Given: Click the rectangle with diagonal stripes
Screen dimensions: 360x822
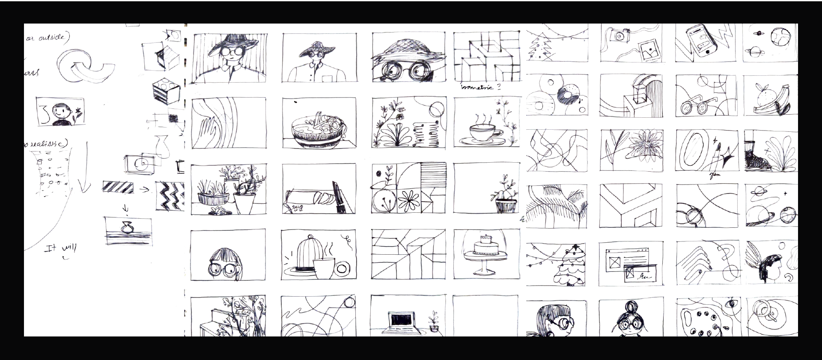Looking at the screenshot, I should click(118, 187).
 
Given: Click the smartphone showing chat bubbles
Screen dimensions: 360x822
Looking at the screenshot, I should click(698, 41).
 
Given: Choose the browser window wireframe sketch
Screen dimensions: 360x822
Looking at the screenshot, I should click(631, 265).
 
